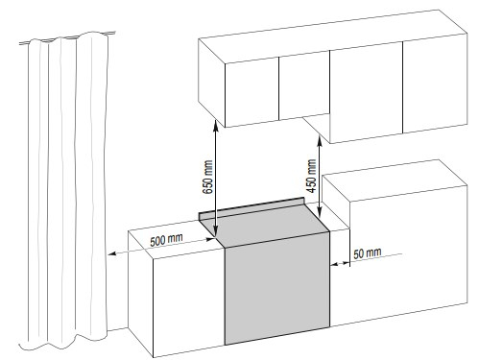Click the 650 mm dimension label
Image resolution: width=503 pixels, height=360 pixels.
point(208,177)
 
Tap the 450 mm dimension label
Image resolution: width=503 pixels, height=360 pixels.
point(311,176)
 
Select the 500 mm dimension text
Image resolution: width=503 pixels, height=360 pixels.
point(166,239)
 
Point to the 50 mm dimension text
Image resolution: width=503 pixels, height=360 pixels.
point(368,253)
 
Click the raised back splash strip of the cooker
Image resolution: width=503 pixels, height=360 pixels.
point(251,208)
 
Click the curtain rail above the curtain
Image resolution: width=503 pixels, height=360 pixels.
point(67,37)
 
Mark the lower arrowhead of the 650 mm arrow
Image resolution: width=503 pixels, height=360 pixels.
point(215,233)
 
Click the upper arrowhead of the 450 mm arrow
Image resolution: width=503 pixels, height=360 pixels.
point(319,140)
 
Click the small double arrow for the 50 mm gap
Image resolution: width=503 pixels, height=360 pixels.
point(340,264)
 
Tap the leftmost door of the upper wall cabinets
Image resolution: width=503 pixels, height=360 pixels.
point(252,92)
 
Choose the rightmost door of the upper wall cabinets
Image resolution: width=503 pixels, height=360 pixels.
point(435,84)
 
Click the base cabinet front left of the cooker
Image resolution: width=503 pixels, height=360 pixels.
point(188,302)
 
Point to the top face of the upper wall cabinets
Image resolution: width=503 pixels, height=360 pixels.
point(332,36)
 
